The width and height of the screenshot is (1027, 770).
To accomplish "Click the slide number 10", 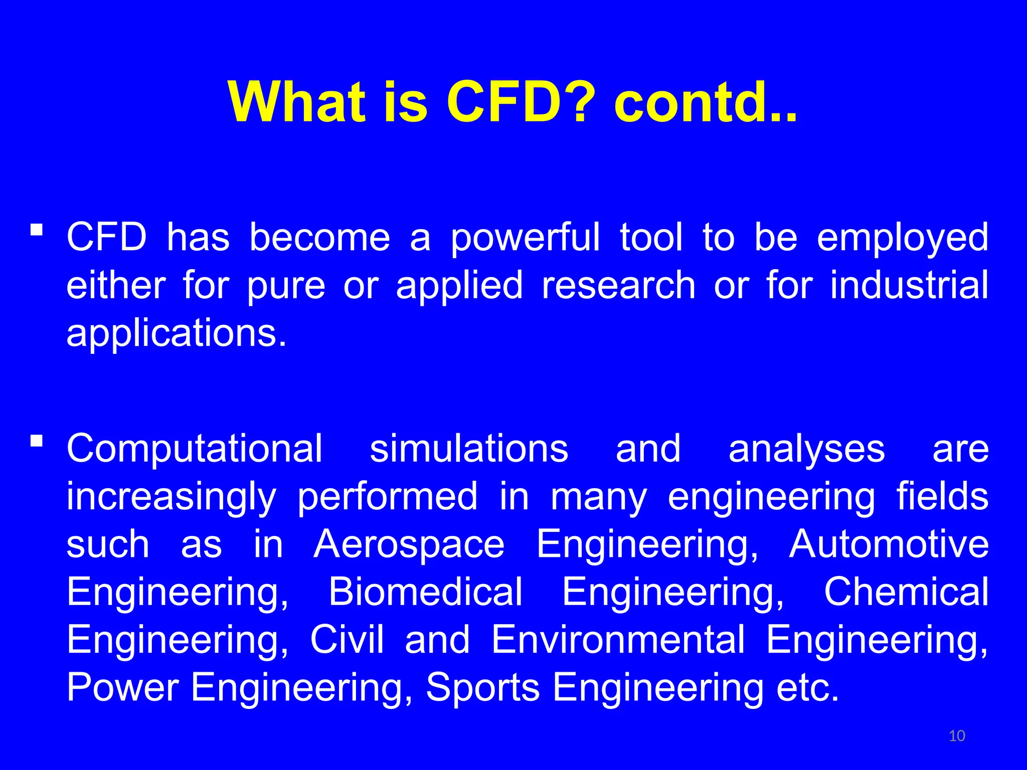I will click(x=957, y=736).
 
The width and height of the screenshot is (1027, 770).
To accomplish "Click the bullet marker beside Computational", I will click(x=36, y=442).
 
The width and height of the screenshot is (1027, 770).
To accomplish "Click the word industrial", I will click(x=909, y=285).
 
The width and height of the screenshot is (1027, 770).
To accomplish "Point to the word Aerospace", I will click(x=409, y=544).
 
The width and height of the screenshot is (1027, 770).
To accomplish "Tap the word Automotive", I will click(x=889, y=544).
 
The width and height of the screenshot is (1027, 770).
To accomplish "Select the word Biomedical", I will click(x=425, y=592).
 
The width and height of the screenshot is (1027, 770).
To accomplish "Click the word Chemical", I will click(x=906, y=592).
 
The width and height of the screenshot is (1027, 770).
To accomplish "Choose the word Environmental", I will click(x=618, y=640).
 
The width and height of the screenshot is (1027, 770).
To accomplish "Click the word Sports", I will click(x=482, y=688).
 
